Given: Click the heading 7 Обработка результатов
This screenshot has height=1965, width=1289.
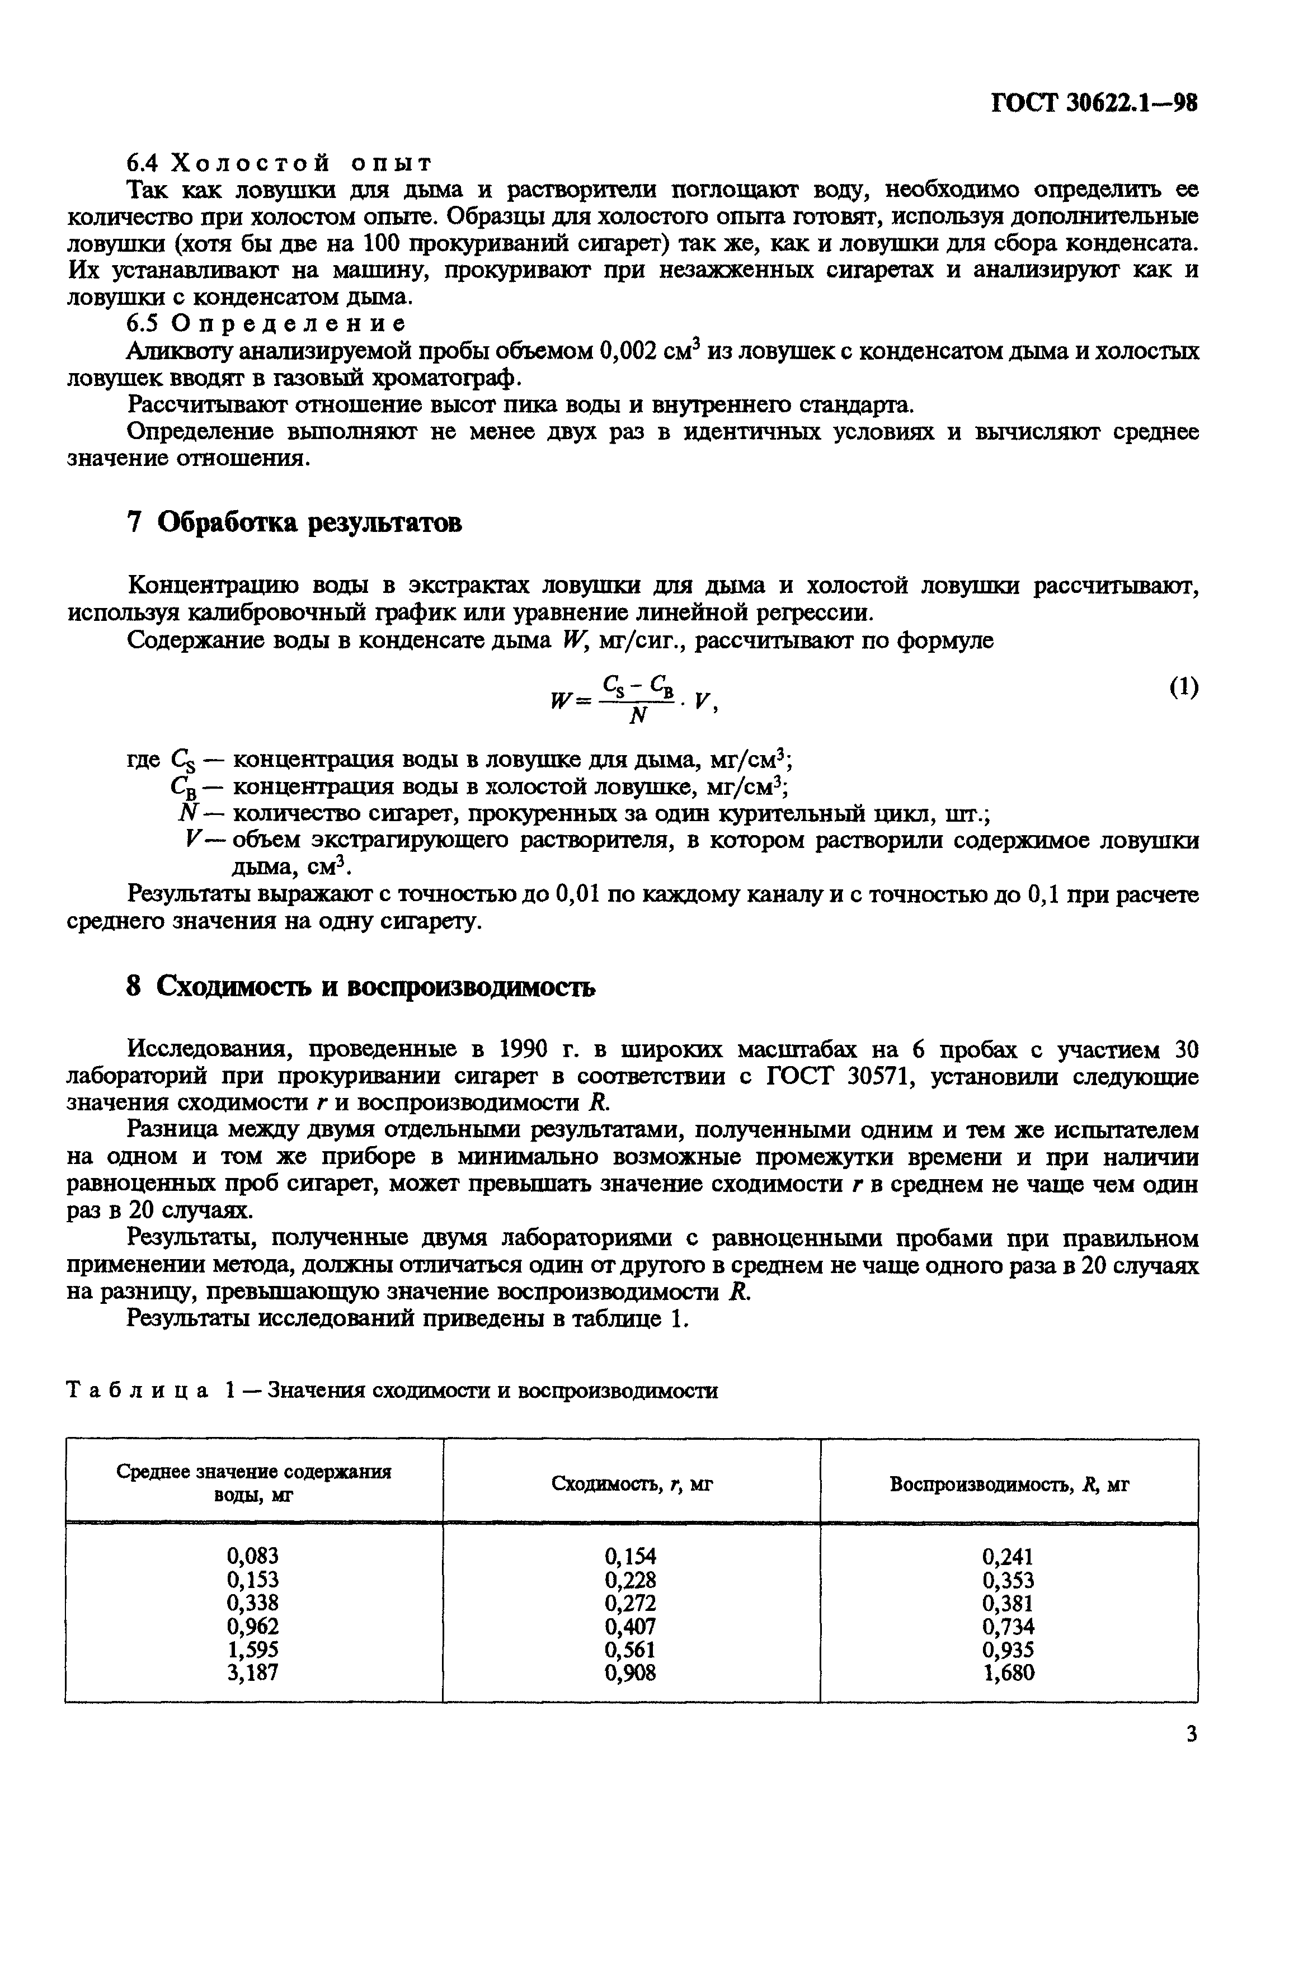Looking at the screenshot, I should [x=293, y=522].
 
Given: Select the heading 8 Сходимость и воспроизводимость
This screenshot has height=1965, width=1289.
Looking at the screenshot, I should [x=360, y=987].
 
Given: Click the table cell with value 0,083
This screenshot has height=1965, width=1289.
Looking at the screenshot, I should [x=253, y=1556].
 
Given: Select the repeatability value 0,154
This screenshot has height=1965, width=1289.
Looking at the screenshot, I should [x=631, y=1556].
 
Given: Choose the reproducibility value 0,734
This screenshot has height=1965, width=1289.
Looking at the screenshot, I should [x=1008, y=1627].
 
